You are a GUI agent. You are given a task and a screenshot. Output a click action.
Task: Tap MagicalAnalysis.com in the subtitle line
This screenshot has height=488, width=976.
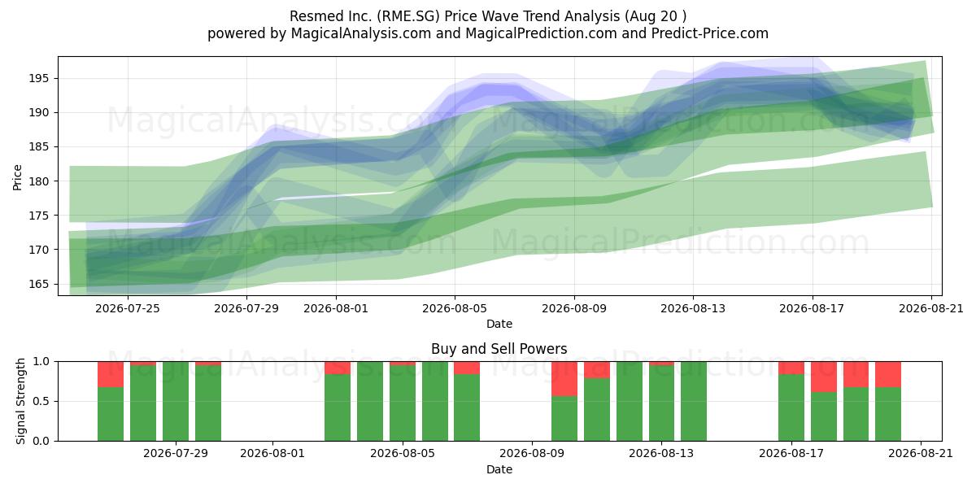pos(361,33)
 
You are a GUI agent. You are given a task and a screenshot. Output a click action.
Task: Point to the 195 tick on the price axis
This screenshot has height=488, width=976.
pos(39,78)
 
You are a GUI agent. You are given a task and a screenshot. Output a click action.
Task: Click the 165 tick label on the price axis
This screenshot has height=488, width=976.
pos(39,284)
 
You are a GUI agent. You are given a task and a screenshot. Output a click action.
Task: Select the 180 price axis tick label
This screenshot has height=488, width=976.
pos(39,181)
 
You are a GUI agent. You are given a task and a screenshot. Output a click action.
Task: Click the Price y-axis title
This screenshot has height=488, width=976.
pos(17,177)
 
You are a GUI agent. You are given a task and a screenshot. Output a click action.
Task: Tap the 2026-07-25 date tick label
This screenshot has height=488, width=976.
pos(128,308)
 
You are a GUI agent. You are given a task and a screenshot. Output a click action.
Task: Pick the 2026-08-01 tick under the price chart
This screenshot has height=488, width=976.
pos(336,308)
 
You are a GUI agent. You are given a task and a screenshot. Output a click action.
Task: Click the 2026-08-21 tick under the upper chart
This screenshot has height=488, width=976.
pos(931,308)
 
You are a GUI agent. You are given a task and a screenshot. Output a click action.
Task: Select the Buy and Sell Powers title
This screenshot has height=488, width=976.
pos(499,349)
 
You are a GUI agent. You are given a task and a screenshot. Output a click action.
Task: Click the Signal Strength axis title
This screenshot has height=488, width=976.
pos(20,401)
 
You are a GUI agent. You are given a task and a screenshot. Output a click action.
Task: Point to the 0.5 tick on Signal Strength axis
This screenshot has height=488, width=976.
pos(41,401)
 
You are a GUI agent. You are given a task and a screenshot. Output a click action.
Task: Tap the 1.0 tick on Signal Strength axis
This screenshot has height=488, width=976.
pos(41,362)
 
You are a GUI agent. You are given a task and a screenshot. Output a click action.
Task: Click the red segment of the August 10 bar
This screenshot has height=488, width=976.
pos(564,379)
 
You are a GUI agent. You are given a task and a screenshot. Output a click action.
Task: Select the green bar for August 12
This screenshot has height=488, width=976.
pos(630,401)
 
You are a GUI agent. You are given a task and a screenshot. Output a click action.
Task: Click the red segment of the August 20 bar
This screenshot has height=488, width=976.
pos(888,374)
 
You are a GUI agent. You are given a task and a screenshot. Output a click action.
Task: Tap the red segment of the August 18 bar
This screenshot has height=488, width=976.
pos(823,377)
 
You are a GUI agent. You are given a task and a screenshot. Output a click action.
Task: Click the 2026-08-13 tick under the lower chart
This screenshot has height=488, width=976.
pos(661,454)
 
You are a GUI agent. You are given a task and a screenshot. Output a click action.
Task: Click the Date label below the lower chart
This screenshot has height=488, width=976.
pos(499,469)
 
